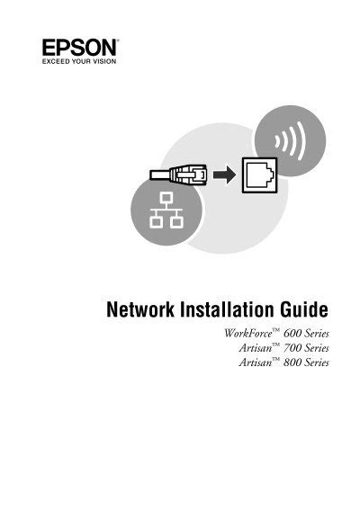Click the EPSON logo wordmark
pyautogui.click(x=80, y=48)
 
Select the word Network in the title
pyautogui.click(x=140, y=309)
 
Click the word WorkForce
pyautogui.click(x=248, y=334)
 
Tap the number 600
pyautogui.click(x=292, y=334)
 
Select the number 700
pyautogui.click(x=292, y=348)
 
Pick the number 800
pyautogui.click(x=292, y=362)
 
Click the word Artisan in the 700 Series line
pyautogui.click(x=256, y=348)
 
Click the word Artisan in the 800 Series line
pyautogui.click(x=256, y=362)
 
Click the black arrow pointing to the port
pyautogui.click(x=224, y=174)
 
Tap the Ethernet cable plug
pyautogui.click(x=178, y=175)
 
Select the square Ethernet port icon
pyautogui.click(x=260, y=175)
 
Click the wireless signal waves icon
pyautogui.click(x=291, y=142)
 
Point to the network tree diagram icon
pyautogui.click(x=166, y=210)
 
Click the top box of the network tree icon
pyautogui.click(x=166, y=197)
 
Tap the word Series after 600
pyautogui.click(x=318, y=334)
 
